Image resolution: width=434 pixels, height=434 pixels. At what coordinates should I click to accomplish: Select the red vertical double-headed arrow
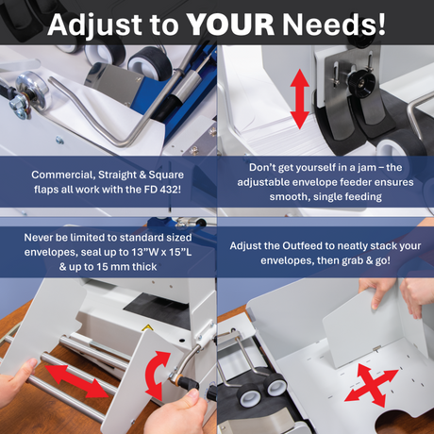299,98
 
